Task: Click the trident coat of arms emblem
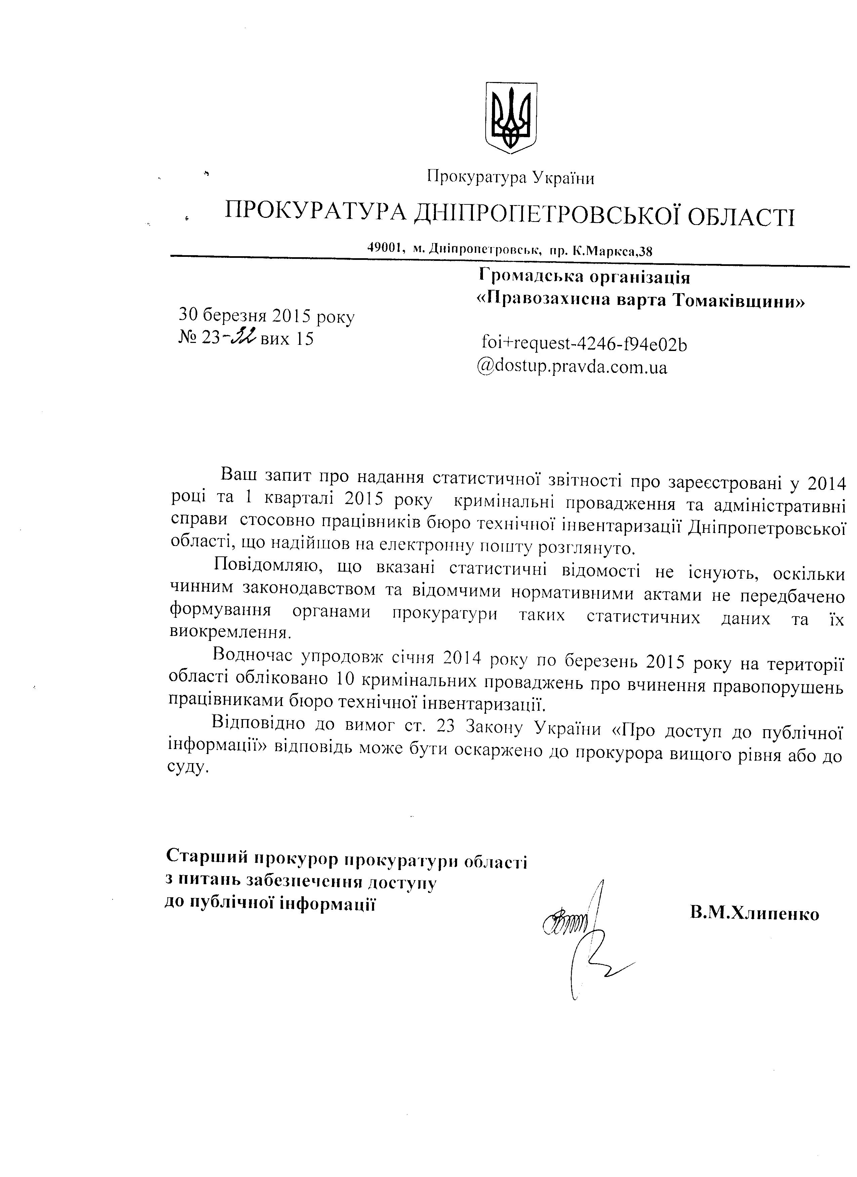[510, 117]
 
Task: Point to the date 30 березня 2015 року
[267, 316]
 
